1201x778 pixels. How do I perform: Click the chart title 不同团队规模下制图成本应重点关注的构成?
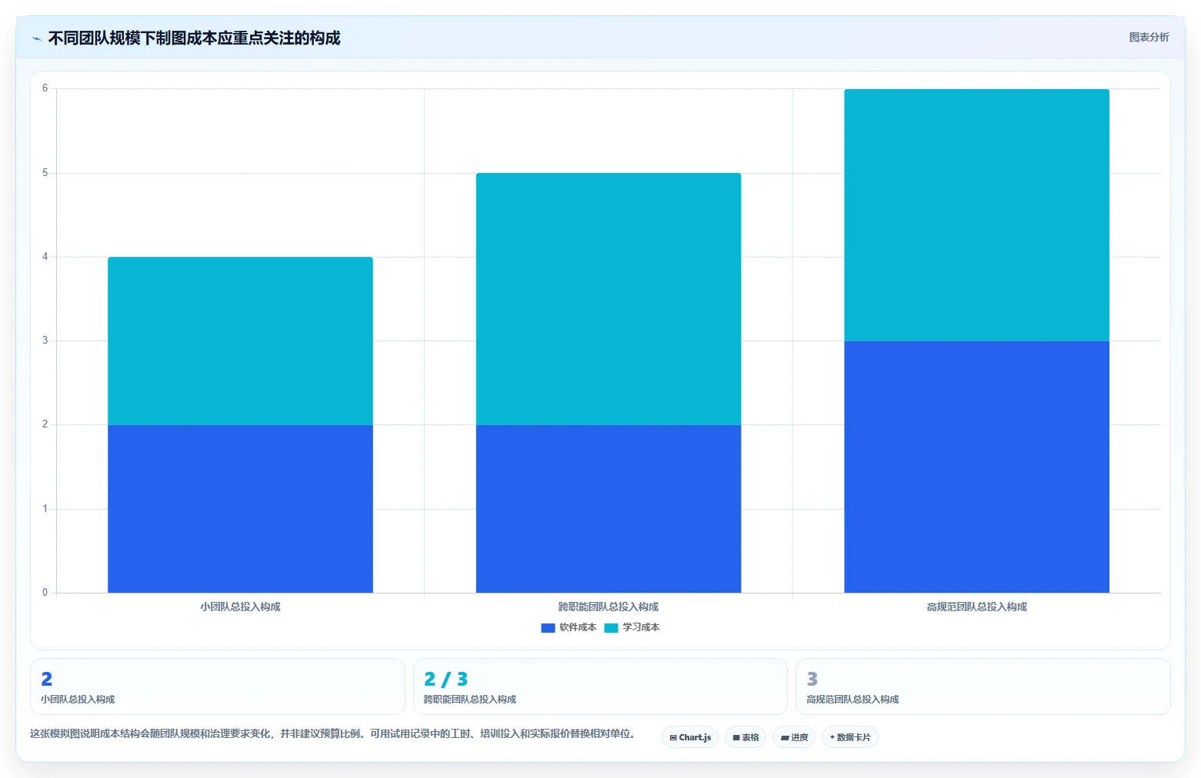(x=194, y=38)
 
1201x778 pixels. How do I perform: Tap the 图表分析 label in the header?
(x=1149, y=38)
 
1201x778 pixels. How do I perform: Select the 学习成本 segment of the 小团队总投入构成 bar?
(x=240, y=341)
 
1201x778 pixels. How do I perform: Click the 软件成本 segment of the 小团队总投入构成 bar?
(x=240, y=508)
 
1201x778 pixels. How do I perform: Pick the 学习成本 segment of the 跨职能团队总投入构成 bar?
(x=609, y=299)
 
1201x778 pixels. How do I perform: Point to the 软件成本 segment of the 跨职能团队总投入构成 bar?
(x=609, y=508)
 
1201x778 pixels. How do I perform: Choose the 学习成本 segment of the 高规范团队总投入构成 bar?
(x=977, y=214)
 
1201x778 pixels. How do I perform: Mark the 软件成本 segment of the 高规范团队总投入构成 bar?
(x=977, y=467)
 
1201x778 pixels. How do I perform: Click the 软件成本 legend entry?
(x=569, y=627)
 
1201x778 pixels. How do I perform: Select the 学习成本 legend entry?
(x=632, y=627)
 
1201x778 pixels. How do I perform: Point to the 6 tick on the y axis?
(x=45, y=88)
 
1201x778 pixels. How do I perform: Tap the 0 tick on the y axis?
(x=45, y=593)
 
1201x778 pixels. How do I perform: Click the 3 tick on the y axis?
(x=45, y=341)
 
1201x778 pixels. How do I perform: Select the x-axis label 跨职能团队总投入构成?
(x=609, y=607)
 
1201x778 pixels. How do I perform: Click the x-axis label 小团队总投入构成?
(x=240, y=607)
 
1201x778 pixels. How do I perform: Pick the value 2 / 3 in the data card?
(x=446, y=680)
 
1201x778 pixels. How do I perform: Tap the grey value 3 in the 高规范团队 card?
(x=812, y=680)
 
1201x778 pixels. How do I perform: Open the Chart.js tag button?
(x=690, y=737)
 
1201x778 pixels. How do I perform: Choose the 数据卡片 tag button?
(x=850, y=737)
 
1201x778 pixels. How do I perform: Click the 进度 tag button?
(x=794, y=737)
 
